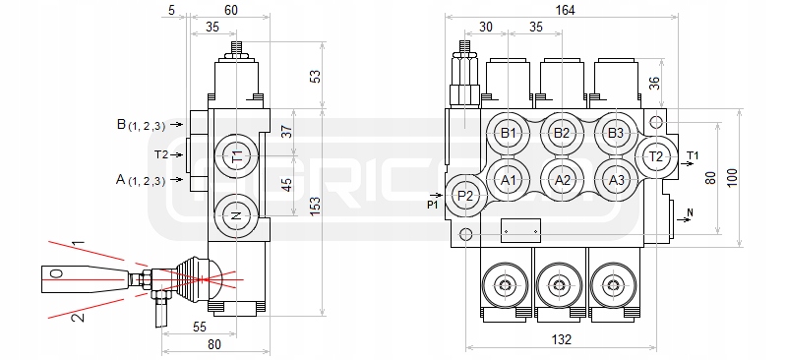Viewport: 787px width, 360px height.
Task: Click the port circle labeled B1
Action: [509, 134]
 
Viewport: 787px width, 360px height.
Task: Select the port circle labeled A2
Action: [562, 180]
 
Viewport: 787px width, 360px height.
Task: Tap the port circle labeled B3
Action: [616, 134]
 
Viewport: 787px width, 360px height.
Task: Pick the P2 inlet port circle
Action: [466, 196]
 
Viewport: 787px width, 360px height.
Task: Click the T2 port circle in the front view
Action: [656, 156]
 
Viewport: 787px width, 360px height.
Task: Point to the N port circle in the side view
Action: [236, 216]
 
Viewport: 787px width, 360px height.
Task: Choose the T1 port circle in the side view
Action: [236, 156]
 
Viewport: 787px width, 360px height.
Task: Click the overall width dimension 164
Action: [566, 10]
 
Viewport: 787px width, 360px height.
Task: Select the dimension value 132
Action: [561, 340]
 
